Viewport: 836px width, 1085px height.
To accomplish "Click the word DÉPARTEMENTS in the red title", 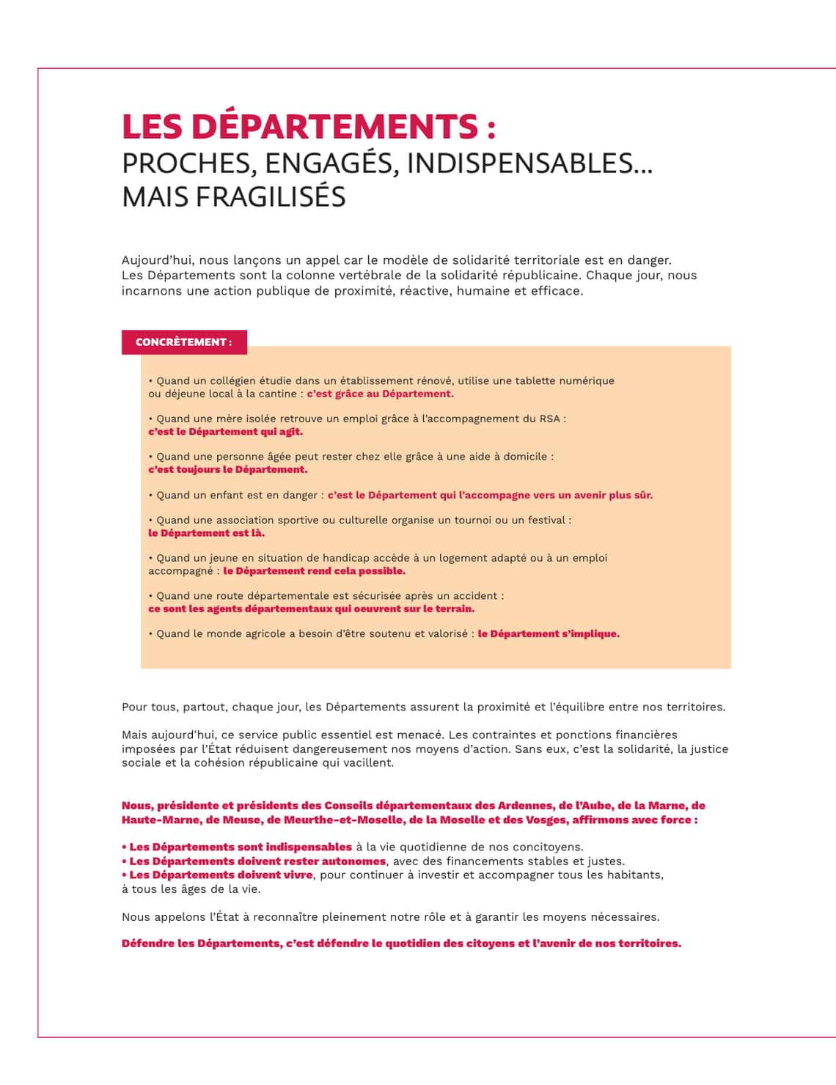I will tap(334, 126).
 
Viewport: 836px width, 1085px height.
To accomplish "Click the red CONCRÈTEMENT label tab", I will tap(184, 342).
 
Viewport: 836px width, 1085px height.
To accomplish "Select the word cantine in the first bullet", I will tap(276, 394).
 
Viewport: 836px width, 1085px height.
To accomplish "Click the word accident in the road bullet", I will tap(476, 596).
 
